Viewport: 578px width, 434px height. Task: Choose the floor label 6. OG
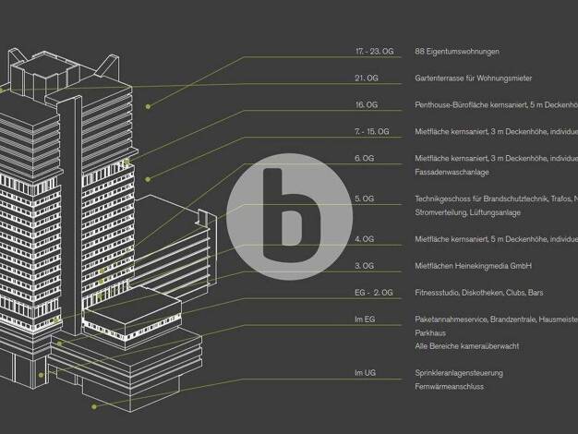tap(364, 158)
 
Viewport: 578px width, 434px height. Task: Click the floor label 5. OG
tap(364, 199)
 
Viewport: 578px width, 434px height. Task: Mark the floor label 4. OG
tap(364, 239)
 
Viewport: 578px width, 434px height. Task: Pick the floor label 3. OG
tap(364, 266)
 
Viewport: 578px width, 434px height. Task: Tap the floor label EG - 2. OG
tap(373, 293)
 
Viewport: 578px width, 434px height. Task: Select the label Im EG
tap(365, 319)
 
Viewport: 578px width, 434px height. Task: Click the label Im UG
tap(365, 373)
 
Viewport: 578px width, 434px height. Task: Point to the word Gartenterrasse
tap(438, 78)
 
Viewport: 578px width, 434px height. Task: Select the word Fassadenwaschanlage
tap(452, 172)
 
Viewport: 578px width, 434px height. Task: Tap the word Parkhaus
tap(429, 332)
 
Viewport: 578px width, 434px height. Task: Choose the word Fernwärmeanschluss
tap(450, 386)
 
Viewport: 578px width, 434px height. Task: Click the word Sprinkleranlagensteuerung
tap(459, 373)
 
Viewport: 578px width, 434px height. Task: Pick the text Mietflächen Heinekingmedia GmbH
tap(473, 266)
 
